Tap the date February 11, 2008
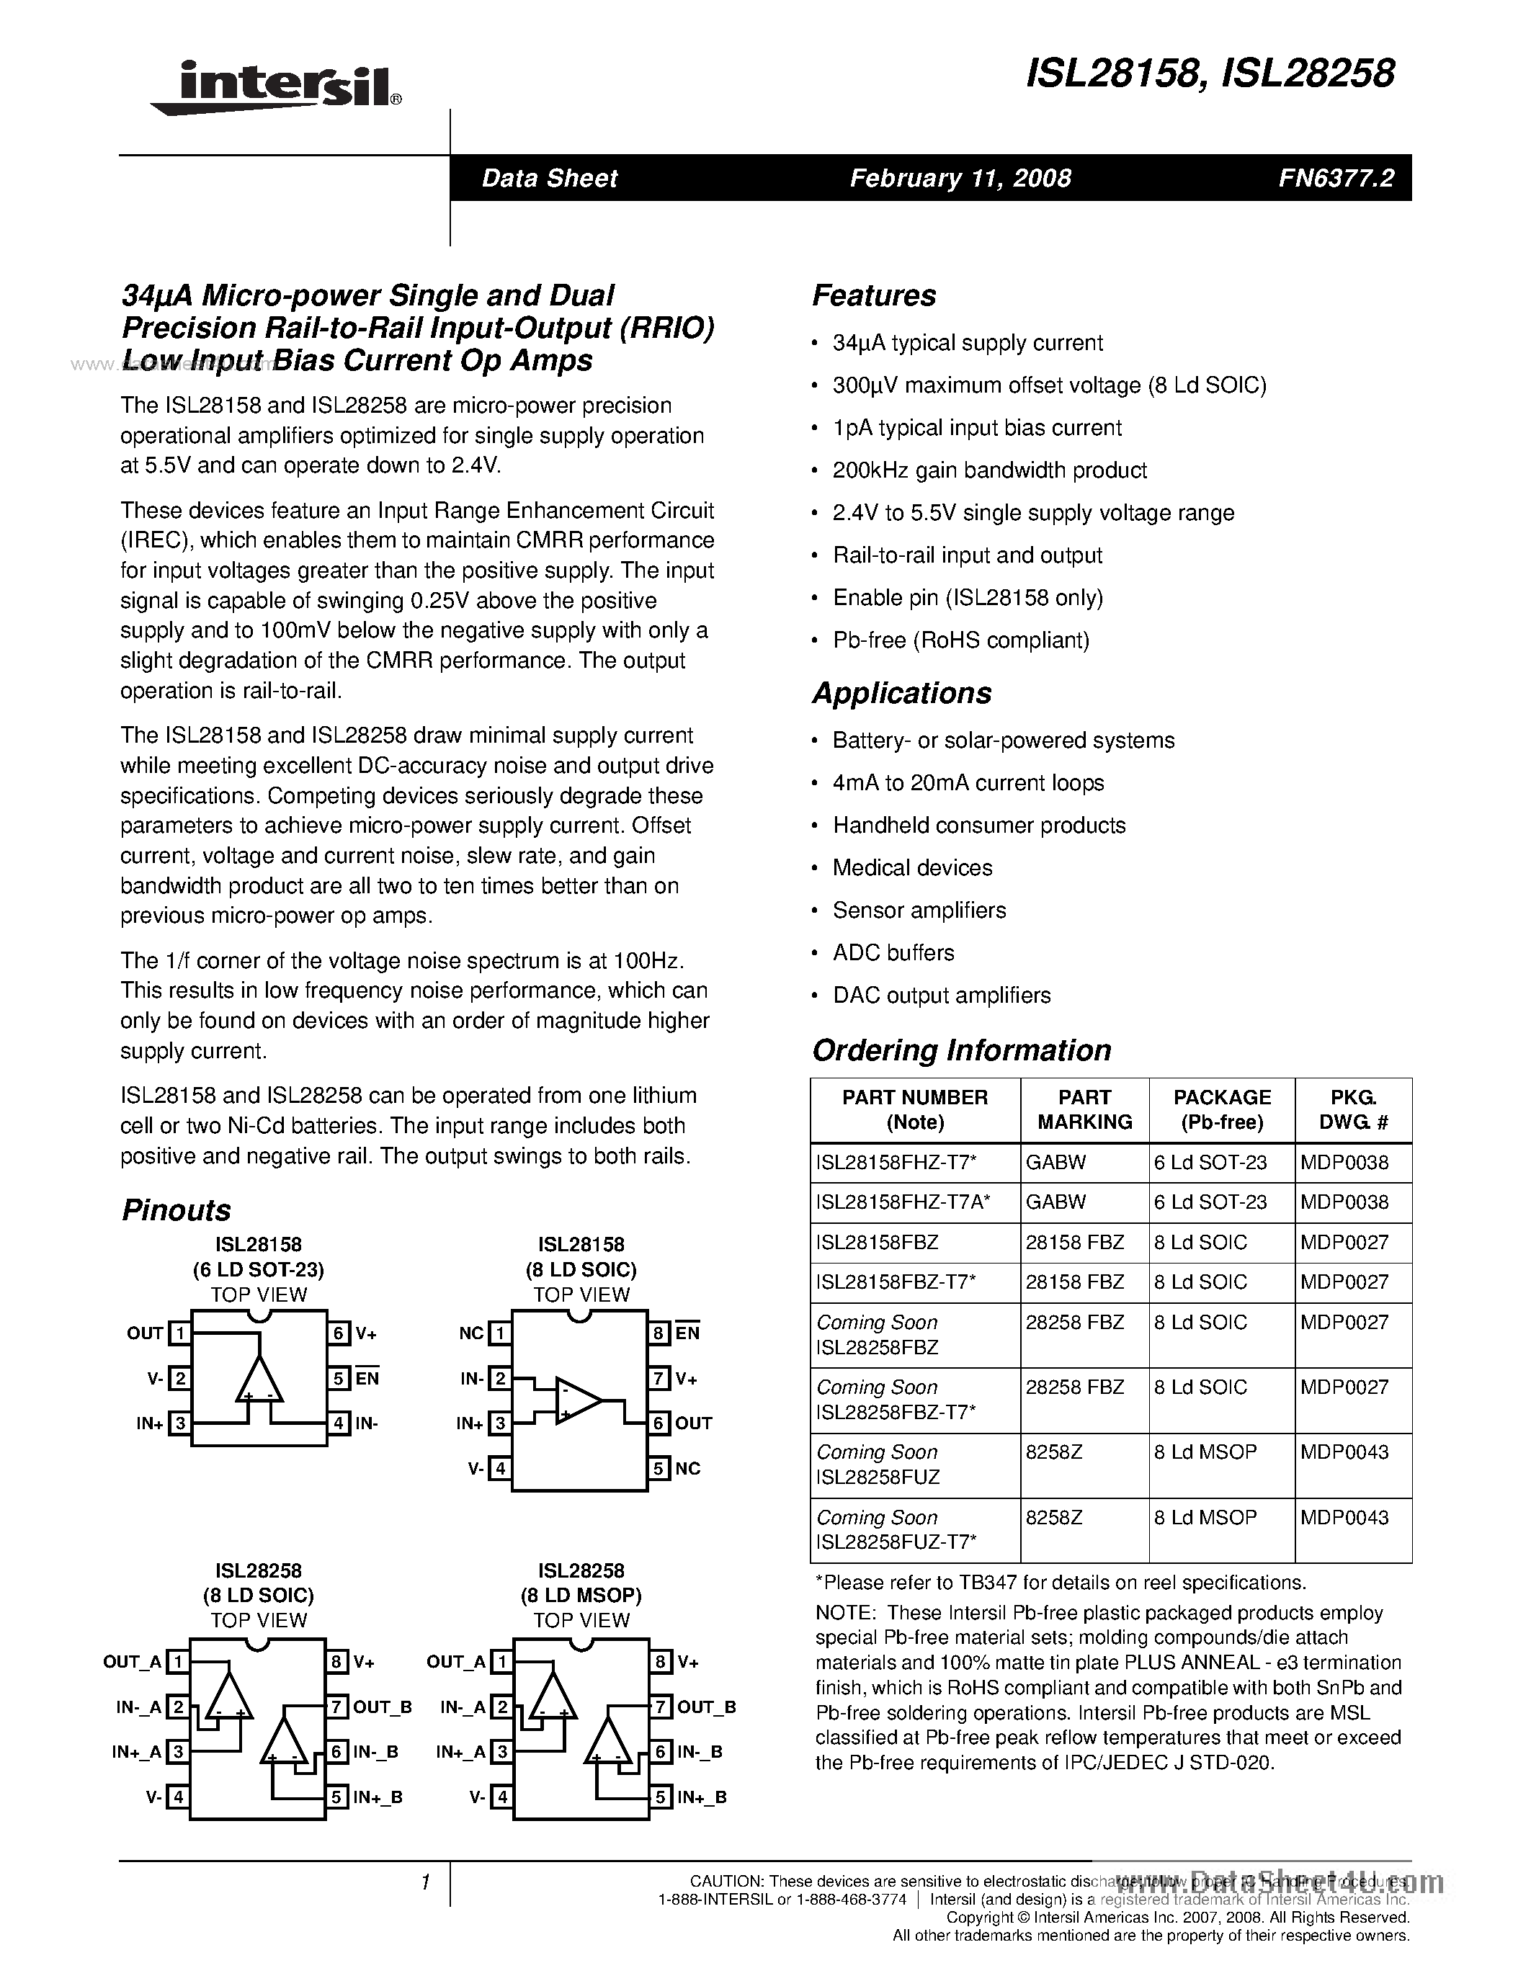960,178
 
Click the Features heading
873,295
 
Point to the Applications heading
901,693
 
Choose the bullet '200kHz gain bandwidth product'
988,470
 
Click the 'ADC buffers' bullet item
893,952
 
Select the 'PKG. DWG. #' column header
1352,1109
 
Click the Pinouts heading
176,1210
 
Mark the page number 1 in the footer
424,1883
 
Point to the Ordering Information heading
960,1050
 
